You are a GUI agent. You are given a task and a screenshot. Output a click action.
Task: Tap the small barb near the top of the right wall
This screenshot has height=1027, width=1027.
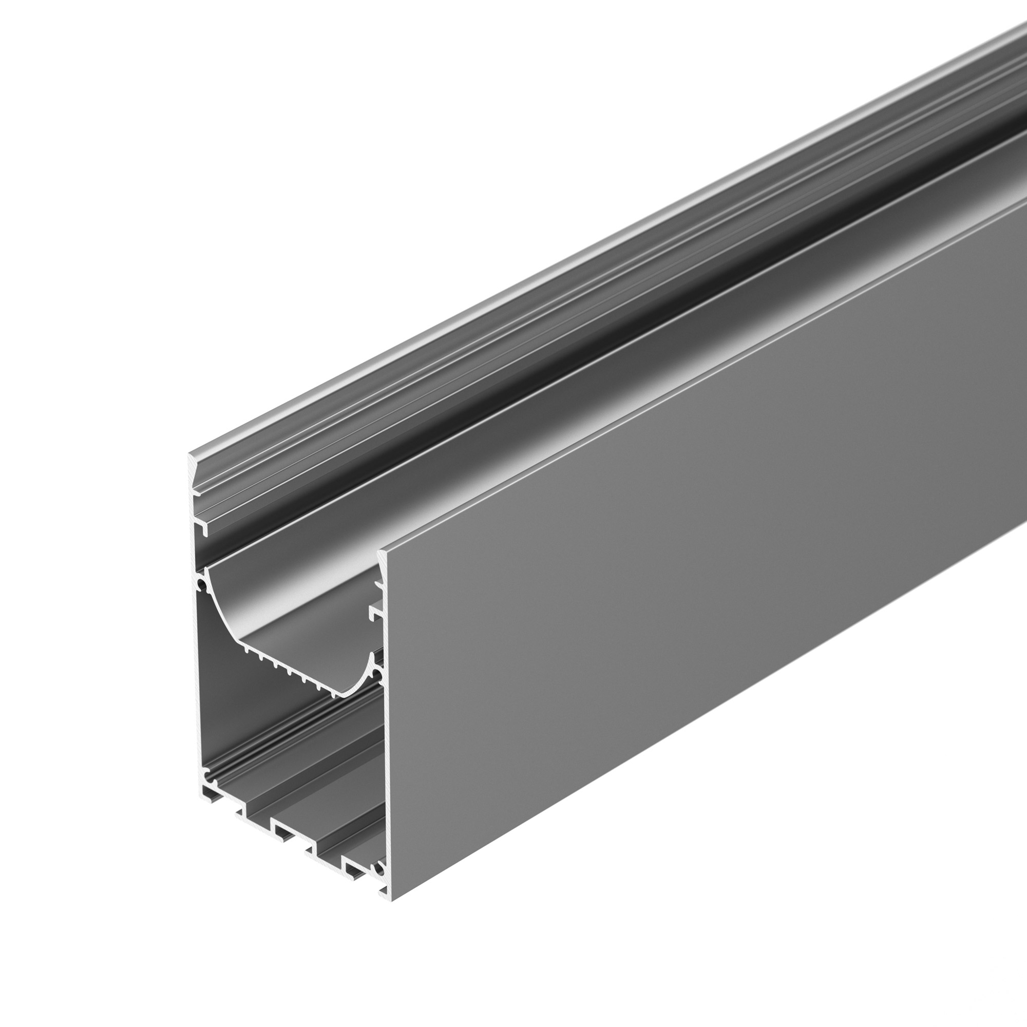coord(378,585)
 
